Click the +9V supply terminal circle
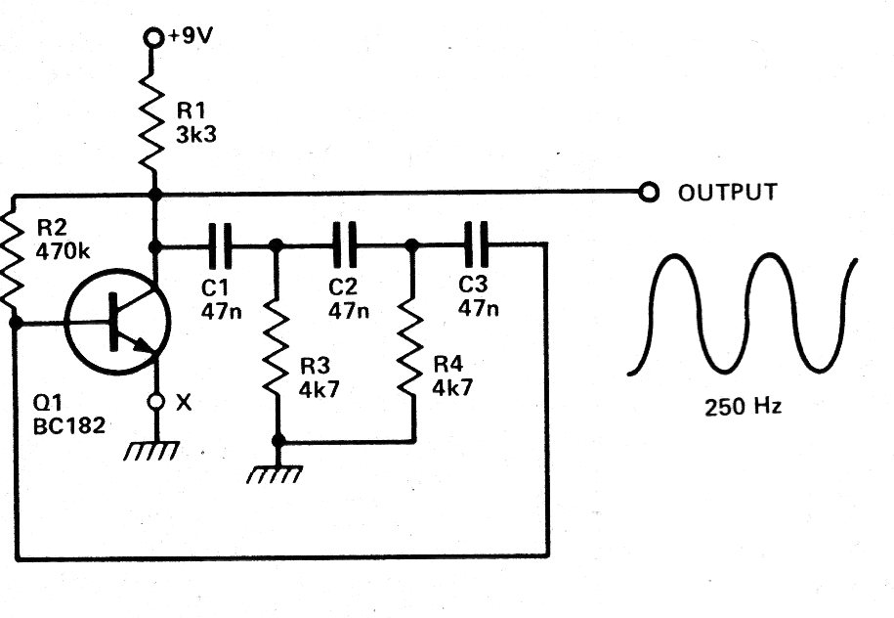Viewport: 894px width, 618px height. [152, 38]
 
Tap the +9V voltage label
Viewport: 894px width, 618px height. [189, 36]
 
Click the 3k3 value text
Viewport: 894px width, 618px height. [196, 135]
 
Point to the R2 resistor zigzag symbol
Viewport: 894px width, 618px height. [13, 260]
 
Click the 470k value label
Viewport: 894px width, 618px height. [63, 251]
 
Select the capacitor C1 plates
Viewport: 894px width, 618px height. [220, 246]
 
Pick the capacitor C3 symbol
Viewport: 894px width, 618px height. [476, 244]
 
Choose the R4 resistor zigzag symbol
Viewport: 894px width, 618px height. [410, 346]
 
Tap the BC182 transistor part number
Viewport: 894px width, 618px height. [69, 426]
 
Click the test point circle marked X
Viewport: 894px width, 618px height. [155, 402]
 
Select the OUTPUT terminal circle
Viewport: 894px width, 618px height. [648, 192]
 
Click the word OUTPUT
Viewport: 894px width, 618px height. [728, 193]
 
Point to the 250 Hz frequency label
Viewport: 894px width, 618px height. [743, 407]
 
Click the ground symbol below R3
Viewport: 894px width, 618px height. [275, 474]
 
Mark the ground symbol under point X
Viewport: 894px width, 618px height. [152, 450]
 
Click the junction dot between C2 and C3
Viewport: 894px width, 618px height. [411, 245]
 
